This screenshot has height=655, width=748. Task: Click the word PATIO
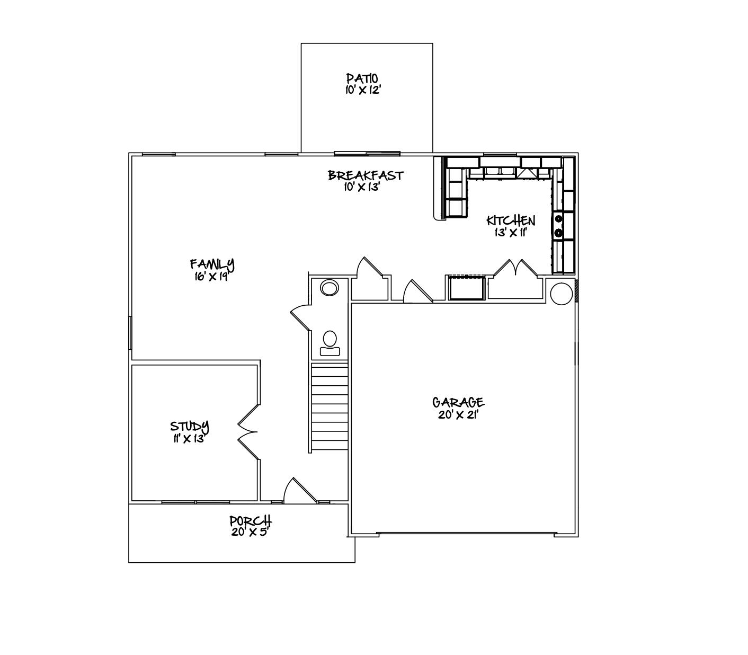pyautogui.click(x=362, y=79)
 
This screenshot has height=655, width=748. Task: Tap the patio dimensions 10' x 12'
pyautogui.click(x=362, y=90)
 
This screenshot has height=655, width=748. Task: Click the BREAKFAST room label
pyautogui.click(x=366, y=175)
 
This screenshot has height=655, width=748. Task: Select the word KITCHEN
pyautogui.click(x=511, y=221)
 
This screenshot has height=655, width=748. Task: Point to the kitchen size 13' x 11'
pyautogui.click(x=511, y=232)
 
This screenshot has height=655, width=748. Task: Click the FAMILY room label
pyautogui.click(x=212, y=263)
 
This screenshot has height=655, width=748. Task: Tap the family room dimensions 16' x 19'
pyautogui.click(x=211, y=276)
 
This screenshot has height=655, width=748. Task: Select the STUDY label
pyautogui.click(x=189, y=426)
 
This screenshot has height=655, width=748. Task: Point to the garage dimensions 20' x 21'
pyautogui.click(x=458, y=414)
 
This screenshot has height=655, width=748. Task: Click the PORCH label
pyautogui.click(x=251, y=520)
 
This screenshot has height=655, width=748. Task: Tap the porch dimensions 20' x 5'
pyautogui.click(x=250, y=532)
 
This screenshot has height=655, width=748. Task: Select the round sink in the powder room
pyautogui.click(x=330, y=288)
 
